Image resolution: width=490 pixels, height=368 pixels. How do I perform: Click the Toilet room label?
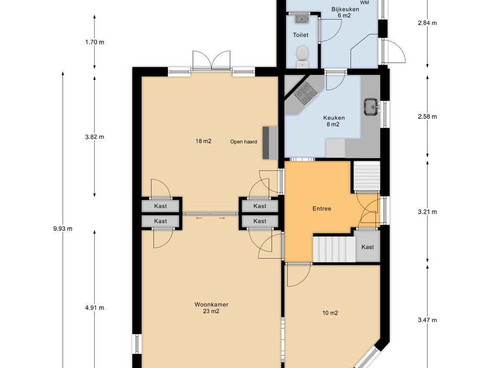click(301, 35)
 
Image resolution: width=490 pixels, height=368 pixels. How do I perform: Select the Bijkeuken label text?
click(345, 9)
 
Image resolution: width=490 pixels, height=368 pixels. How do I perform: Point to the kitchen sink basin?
click(371, 107)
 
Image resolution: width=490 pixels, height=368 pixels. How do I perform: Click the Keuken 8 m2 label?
click(334, 121)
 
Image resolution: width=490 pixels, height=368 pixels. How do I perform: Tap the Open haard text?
click(244, 142)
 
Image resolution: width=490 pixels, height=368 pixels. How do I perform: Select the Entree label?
click(322, 209)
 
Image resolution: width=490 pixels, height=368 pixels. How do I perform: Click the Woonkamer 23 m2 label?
click(211, 308)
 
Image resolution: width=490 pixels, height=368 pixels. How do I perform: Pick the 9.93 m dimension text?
click(63, 229)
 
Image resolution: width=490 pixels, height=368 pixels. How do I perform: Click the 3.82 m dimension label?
click(94, 137)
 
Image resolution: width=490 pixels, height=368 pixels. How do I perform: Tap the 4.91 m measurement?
click(94, 308)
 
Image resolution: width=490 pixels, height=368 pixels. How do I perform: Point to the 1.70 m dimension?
click(94, 42)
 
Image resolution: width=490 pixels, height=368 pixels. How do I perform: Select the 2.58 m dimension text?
click(427, 117)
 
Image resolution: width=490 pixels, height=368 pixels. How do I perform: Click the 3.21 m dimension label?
click(427, 212)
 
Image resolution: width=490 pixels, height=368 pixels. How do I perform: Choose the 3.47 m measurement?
click(427, 320)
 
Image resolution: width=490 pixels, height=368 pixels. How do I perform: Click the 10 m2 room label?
click(330, 313)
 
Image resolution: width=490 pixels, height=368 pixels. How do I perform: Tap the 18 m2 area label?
click(203, 141)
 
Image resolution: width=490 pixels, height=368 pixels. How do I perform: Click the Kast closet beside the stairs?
click(367, 246)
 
